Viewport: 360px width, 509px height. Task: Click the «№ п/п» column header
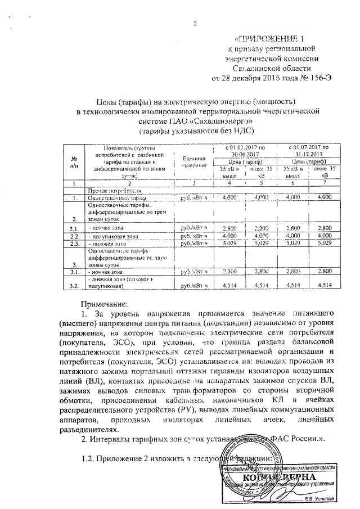pos(74,163)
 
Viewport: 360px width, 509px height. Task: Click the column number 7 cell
pos(324,183)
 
